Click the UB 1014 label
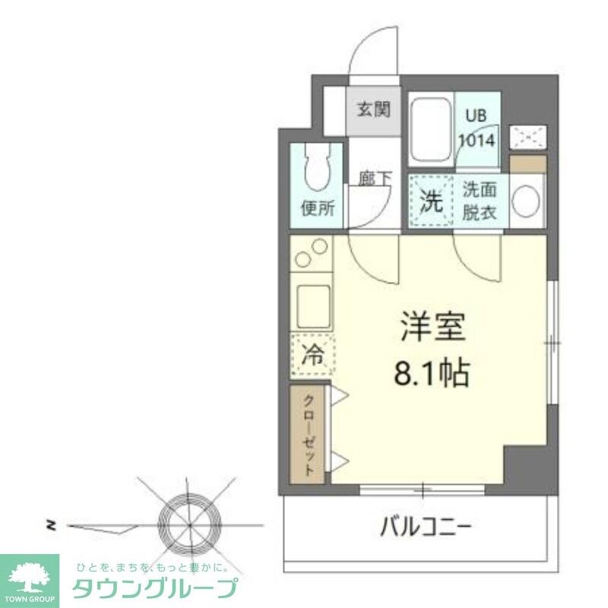pos(477,128)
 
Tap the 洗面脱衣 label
pos(480,201)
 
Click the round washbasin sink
pos(526,201)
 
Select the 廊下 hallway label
pos(375,179)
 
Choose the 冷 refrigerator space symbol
pos(312,355)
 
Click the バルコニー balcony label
pos(426,526)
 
